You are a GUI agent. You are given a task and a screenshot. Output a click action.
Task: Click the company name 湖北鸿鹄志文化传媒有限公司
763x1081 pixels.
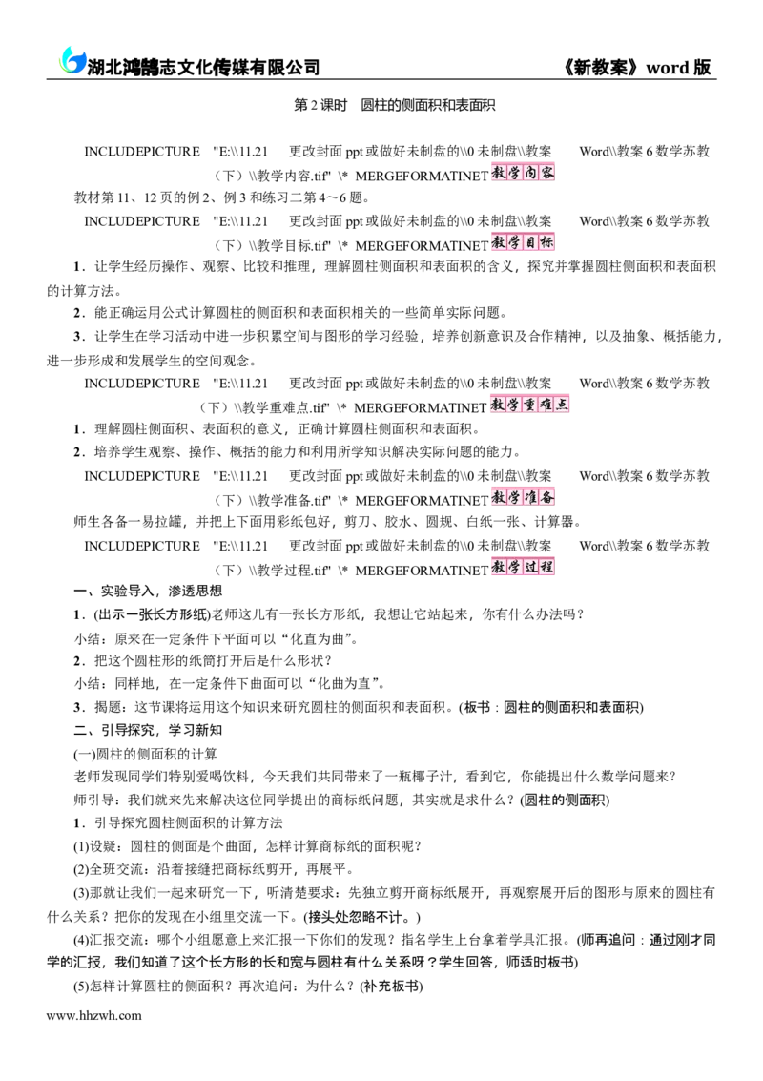pyautogui.click(x=203, y=67)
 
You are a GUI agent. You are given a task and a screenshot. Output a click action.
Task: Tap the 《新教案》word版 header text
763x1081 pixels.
pyautogui.click(x=636, y=67)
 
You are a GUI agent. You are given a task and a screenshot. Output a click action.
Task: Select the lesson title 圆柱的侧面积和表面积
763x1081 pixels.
pyautogui.click(x=428, y=106)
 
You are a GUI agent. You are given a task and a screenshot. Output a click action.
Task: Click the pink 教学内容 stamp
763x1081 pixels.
pyautogui.click(x=523, y=173)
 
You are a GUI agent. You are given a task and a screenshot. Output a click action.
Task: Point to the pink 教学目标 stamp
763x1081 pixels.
pyautogui.click(x=523, y=242)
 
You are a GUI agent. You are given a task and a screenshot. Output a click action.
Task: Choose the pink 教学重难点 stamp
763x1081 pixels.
pyautogui.click(x=530, y=404)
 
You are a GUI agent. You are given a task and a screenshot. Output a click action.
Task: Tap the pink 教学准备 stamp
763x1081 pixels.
pyautogui.click(x=523, y=497)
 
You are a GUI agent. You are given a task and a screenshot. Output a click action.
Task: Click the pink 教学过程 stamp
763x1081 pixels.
pyautogui.click(x=523, y=567)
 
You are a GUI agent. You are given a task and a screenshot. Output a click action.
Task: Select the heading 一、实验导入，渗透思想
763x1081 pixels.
pyautogui.click(x=148, y=591)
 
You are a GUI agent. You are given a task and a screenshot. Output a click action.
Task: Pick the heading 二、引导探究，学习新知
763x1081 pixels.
pyautogui.click(x=148, y=730)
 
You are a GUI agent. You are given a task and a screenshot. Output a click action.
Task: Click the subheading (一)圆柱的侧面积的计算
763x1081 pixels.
pyautogui.click(x=145, y=754)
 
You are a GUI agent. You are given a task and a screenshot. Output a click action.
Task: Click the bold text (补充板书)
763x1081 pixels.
pyautogui.click(x=391, y=987)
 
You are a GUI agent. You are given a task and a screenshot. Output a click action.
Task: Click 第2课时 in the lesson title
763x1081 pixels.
pyautogui.click(x=320, y=106)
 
